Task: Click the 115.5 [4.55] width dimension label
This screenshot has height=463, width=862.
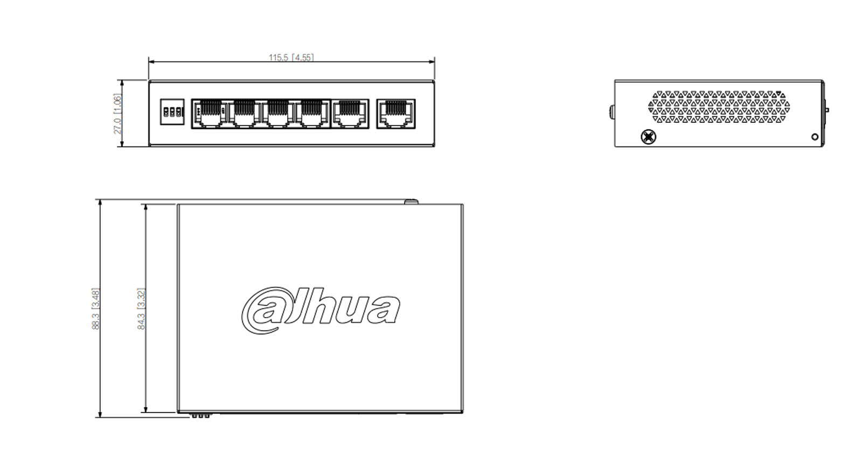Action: [291, 57]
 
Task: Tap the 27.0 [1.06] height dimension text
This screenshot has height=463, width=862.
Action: [117, 114]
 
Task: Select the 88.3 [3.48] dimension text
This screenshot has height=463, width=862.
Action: [96, 308]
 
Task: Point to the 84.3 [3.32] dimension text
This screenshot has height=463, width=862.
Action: [141, 308]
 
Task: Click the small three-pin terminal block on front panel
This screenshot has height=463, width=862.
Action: [172, 113]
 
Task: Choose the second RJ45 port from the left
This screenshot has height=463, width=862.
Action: [244, 114]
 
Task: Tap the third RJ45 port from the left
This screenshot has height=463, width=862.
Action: [277, 114]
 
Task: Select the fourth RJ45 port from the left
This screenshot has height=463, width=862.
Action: [311, 114]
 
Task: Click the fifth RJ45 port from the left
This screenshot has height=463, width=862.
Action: [350, 114]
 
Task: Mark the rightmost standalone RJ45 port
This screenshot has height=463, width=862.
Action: [395, 114]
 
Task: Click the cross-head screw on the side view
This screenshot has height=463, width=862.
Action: [649, 137]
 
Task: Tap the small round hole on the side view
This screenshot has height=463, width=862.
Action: [815, 137]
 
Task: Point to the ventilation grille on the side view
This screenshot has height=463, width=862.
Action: [719, 107]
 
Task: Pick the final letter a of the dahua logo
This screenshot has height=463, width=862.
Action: [383, 310]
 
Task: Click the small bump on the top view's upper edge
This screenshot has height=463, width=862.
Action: [411, 202]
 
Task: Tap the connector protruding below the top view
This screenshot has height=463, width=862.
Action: [200, 416]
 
